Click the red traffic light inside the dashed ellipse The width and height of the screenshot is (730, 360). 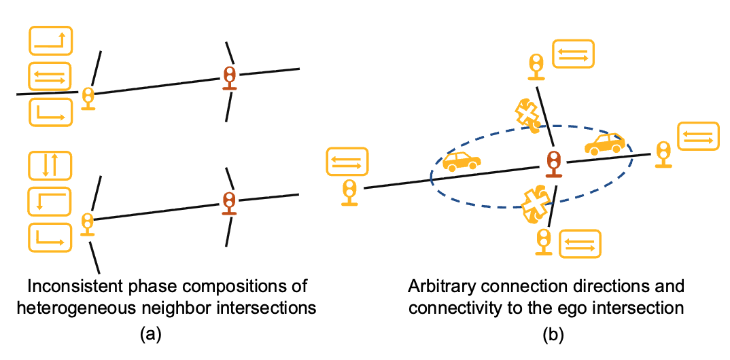click(x=554, y=163)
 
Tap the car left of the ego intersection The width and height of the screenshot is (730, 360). click(x=462, y=161)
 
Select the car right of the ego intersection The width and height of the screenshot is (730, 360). click(x=605, y=143)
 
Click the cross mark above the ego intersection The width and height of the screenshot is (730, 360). click(x=526, y=114)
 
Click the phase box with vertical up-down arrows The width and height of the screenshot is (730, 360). click(x=50, y=165)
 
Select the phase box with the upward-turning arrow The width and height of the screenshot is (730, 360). click(x=50, y=41)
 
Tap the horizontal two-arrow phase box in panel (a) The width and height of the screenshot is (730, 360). click(x=50, y=77)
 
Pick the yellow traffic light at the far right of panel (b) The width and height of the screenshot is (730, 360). click(x=663, y=154)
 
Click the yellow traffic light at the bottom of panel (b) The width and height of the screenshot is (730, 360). click(x=543, y=241)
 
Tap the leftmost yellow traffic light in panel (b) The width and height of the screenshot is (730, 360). click(x=350, y=192)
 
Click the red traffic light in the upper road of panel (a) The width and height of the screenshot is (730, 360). click(x=230, y=77)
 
